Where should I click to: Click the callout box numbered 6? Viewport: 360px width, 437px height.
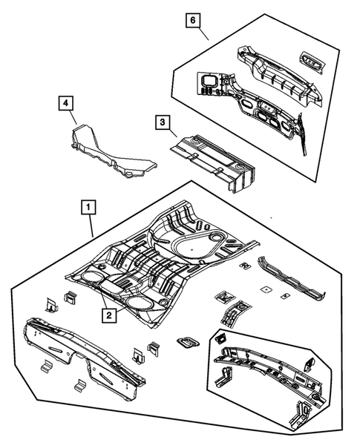193,21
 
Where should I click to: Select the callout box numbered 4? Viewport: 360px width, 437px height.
65,103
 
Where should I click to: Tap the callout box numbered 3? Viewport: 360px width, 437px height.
163,122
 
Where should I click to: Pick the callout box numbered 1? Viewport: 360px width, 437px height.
88,207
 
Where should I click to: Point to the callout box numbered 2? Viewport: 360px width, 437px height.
109,315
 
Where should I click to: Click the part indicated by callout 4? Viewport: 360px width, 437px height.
111,156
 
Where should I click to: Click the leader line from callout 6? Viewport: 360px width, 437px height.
204,34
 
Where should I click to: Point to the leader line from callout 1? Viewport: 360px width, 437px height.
91,226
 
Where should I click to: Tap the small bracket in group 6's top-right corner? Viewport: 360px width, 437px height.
312,61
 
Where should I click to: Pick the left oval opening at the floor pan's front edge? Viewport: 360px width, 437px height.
91,277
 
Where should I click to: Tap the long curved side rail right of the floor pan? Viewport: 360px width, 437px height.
292,279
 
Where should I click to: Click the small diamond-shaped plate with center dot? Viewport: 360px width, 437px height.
266,289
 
